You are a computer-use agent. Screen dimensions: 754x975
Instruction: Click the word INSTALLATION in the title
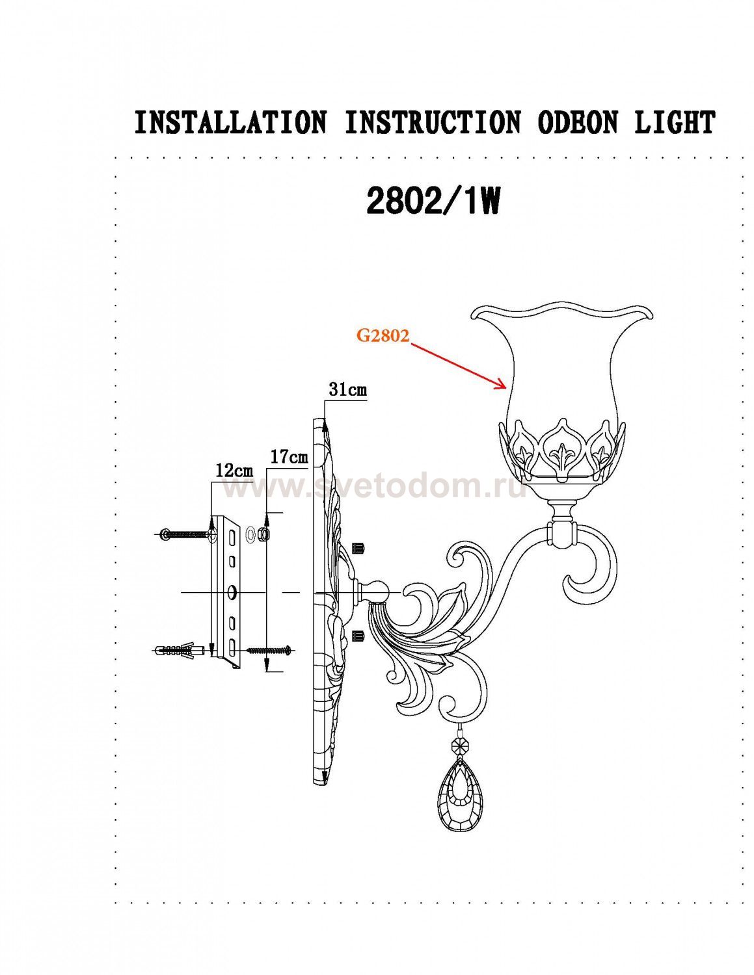pos(230,122)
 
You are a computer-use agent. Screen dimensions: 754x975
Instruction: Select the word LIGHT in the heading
pos(673,122)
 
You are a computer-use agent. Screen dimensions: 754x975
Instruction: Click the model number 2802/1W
pos(433,201)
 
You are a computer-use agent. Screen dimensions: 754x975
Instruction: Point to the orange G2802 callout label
pos(383,335)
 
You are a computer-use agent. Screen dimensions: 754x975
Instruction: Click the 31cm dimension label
pos(347,389)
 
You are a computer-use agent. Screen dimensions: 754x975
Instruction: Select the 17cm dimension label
pos(289,457)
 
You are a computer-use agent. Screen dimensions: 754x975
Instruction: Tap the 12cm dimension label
pos(234,471)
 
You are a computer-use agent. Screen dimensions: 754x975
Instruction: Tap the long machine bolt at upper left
pos(189,534)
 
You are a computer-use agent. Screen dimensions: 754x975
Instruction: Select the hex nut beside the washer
pos(265,534)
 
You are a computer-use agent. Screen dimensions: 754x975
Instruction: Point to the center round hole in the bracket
pos(232,592)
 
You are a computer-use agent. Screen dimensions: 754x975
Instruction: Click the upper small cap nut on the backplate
pos(359,548)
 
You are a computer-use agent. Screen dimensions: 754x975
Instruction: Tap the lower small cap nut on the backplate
pos(358,636)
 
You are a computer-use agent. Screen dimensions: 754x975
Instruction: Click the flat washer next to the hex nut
pos(250,534)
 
